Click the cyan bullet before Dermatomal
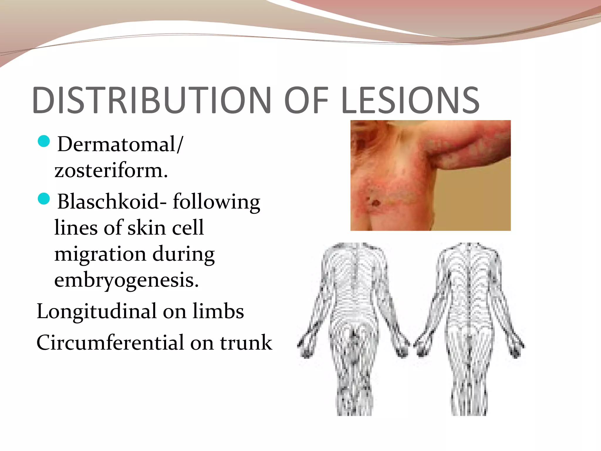pos(44,141)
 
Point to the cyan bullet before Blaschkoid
pos(44,198)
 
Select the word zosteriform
pos(111,170)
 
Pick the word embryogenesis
pos(126,280)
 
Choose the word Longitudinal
pos(97,311)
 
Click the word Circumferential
pos(110,343)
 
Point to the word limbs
pos(218,311)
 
